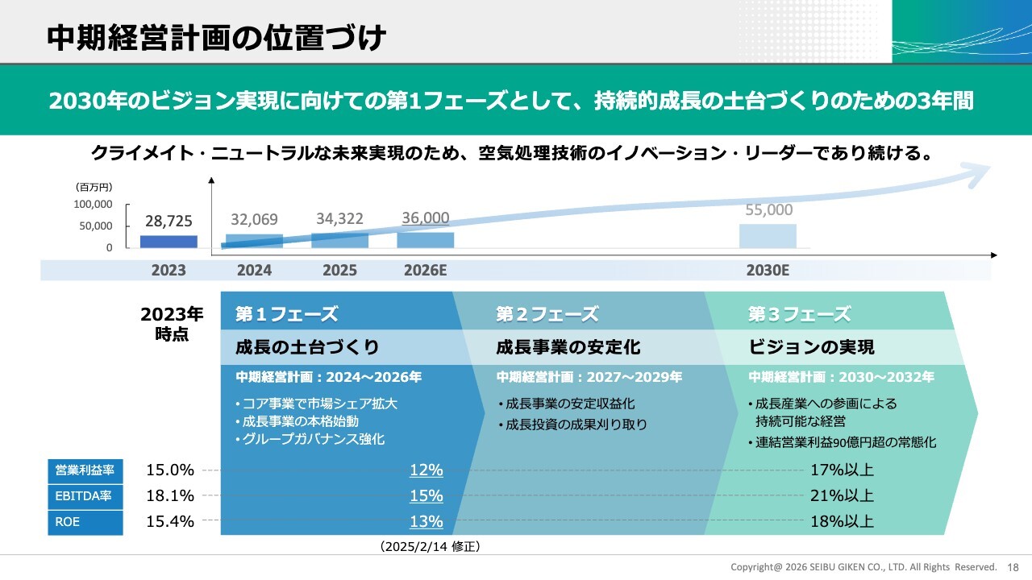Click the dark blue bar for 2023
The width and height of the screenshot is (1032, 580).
(x=169, y=241)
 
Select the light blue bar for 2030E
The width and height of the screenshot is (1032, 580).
(x=768, y=235)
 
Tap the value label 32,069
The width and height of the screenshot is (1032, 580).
(x=254, y=219)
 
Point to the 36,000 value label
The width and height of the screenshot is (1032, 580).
(x=425, y=218)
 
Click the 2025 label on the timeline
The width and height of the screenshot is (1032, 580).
(x=339, y=271)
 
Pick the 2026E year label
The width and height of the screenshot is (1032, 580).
(x=425, y=271)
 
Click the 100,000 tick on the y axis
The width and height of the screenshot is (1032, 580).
(x=94, y=205)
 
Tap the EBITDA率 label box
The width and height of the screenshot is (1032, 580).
(x=85, y=496)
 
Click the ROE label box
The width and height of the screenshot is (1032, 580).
(x=85, y=522)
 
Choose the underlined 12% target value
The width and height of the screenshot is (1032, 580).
(x=426, y=470)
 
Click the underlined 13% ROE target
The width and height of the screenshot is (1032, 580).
(x=426, y=522)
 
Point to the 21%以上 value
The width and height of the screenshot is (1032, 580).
(x=842, y=496)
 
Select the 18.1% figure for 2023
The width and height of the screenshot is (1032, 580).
(x=170, y=496)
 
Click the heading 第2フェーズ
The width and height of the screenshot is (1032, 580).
(x=547, y=314)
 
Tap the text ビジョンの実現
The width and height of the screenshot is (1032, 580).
(x=811, y=347)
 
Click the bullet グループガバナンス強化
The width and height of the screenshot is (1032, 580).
(x=310, y=439)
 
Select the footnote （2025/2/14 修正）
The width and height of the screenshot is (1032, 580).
(x=430, y=547)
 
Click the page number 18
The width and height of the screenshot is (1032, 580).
(x=1013, y=567)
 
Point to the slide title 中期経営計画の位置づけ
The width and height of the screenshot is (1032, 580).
(x=216, y=37)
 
